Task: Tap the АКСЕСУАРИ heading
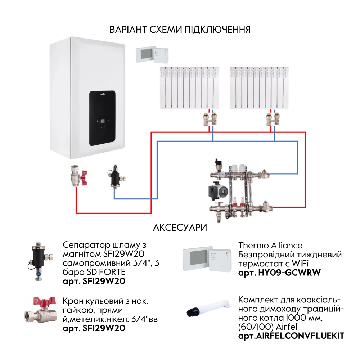tap(180, 228)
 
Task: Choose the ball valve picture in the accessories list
tap(40, 312)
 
